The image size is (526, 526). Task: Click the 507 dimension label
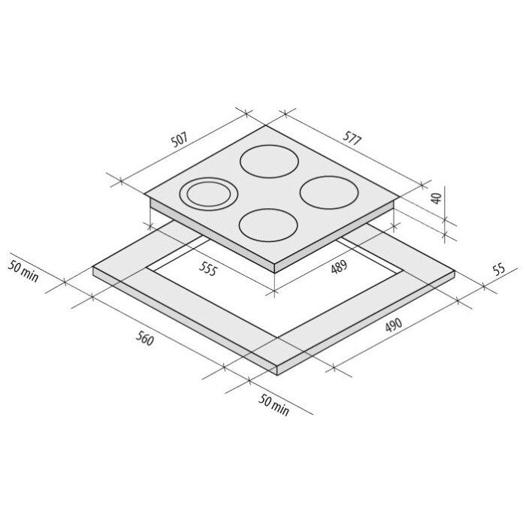(x=179, y=140)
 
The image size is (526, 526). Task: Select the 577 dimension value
(x=352, y=138)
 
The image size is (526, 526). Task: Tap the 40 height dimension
(x=437, y=198)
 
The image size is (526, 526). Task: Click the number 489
(x=339, y=268)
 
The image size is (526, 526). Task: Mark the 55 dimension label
(x=499, y=269)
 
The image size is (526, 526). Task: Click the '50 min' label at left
(x=23, y=271)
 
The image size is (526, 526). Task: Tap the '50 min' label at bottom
(x=274, y=404)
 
